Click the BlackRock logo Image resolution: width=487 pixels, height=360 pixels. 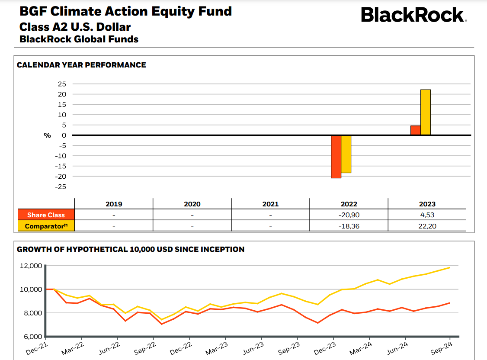tap(413, 15)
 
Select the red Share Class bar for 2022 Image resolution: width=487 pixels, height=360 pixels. tap(336, 157)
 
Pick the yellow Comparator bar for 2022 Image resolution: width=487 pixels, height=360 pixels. tap(346, 154)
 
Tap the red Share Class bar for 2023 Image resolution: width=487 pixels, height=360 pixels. tap(415, 130)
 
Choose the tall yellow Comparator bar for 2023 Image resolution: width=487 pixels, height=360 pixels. tap(426, 112)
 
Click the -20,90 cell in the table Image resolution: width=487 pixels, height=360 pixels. tap(349, 215)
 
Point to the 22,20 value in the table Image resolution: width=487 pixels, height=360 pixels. tap(427, 226)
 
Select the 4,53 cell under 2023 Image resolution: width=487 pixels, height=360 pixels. tap(427, 215)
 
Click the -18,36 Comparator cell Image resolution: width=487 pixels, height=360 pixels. tap(349, 226)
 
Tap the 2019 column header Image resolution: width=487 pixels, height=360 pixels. tap(114, 204)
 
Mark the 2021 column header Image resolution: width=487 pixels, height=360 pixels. tap(270, 204)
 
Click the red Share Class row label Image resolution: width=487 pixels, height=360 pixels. tap(46, 215)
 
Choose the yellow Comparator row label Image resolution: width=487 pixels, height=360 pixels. tap(46, 226)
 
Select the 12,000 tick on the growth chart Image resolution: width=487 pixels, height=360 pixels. tap(31, 266)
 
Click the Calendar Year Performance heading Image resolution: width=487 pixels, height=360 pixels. tap(81, 65)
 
